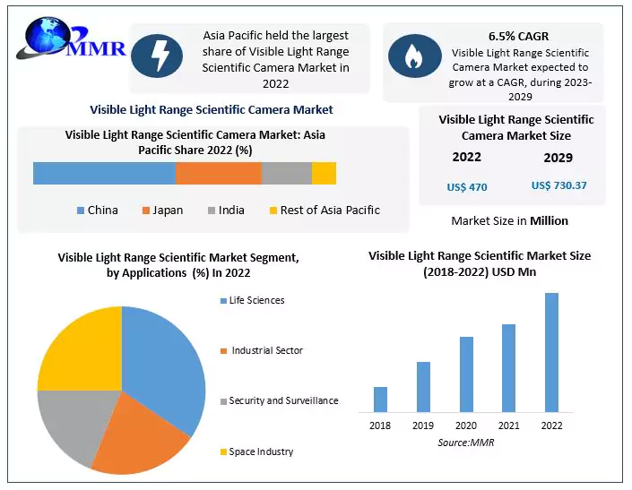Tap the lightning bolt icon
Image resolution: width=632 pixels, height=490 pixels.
coord(157,56)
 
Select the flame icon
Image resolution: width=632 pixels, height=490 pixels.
coord(414,56)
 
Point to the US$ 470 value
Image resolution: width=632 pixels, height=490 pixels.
coord(466,187)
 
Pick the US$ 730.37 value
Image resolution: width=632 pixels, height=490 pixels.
coord(558,185)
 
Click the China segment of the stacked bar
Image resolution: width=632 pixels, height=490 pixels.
coord(104,173)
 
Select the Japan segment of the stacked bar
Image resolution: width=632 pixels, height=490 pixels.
coord(218,173)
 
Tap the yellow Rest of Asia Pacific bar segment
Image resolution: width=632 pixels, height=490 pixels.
coord(324,173)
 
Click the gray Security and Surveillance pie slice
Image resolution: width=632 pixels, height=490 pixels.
coord(67,421)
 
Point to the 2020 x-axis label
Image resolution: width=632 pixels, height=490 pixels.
coord(466,426)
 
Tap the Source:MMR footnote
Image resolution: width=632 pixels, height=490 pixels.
coord(466,443)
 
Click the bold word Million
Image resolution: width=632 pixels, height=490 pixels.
coord(549,220)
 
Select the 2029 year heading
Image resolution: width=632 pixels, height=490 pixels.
coord(558,158)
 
